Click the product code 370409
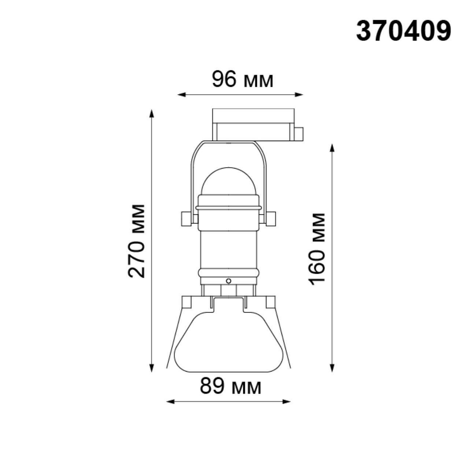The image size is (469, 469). coord(403,31)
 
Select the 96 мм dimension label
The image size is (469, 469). coord(242,80)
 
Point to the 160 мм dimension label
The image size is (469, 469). coord(317,249)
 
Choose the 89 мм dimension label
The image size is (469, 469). coord(230,386)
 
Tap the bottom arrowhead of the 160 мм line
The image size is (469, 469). coord(332,368)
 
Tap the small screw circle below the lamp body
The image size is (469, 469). coord(229,281)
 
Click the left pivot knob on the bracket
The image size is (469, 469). coord(186,219)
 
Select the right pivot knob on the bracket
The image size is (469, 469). coord(271,219)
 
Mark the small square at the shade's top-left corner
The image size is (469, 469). coord(187,302)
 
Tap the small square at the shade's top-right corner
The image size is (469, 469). coord(269,302)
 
